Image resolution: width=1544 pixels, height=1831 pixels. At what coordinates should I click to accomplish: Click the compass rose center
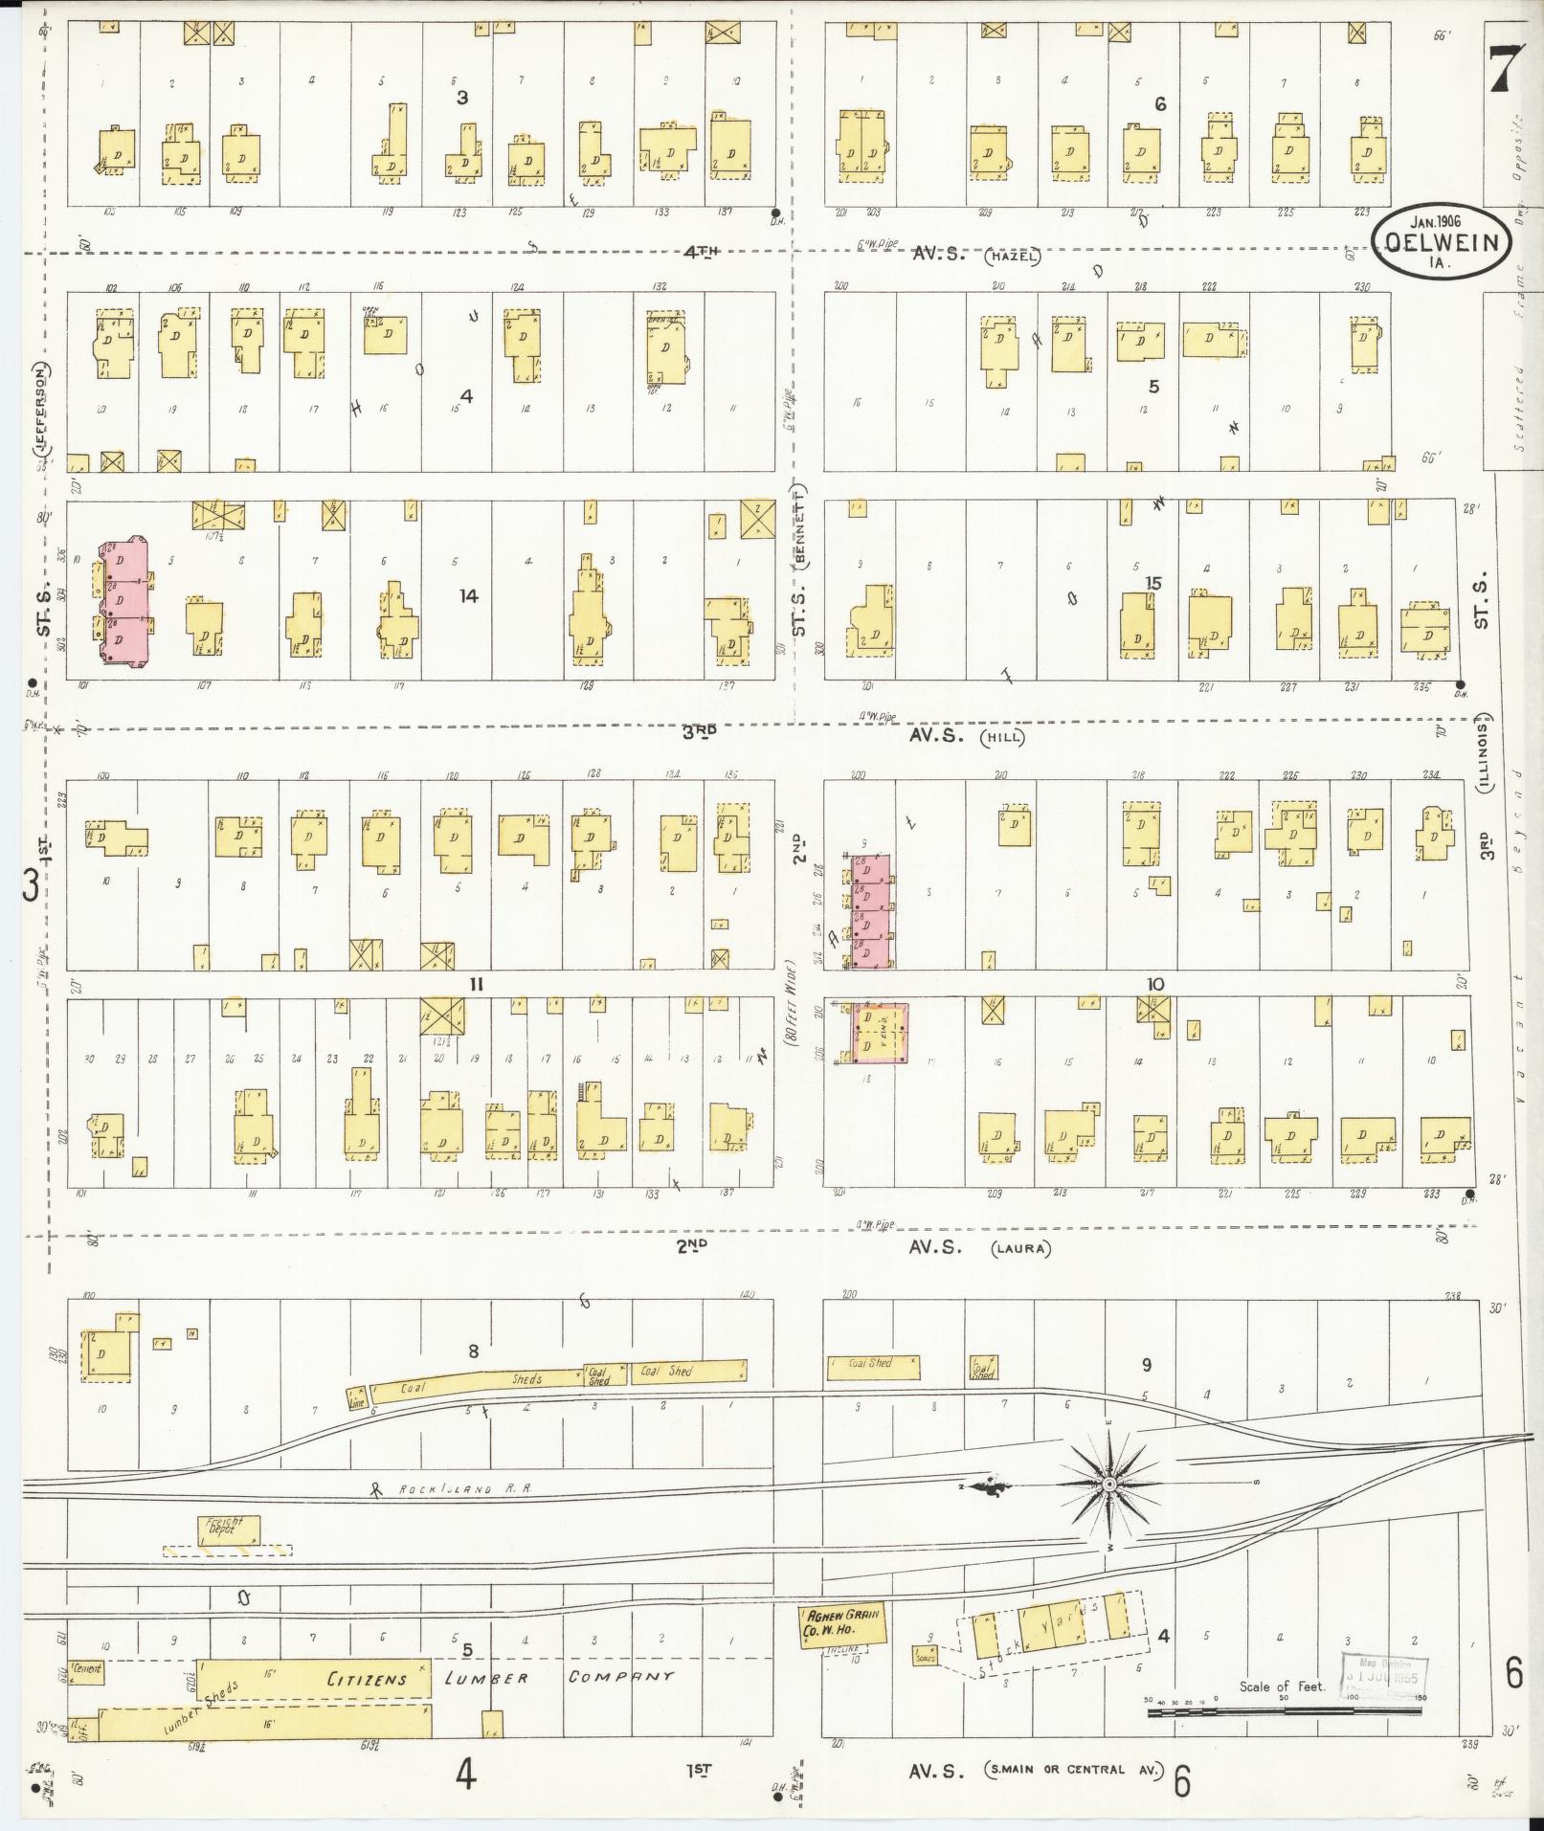pos(1108,1510)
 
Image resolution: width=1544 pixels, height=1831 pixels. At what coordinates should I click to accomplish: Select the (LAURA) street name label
pos(1022,1248)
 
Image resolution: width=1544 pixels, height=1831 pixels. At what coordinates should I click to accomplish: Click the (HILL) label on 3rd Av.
pos(1002,737)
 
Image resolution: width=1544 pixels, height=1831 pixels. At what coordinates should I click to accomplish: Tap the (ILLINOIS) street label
pos(1485,753)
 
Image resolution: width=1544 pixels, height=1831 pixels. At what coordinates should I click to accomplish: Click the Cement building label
pos(86,1668)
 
